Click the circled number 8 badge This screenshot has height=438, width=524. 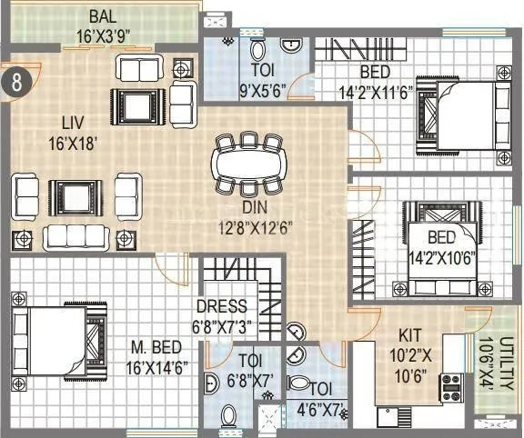pos(19,80)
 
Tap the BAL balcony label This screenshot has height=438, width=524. pos(102,17)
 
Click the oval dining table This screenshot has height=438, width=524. pos(248,164)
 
